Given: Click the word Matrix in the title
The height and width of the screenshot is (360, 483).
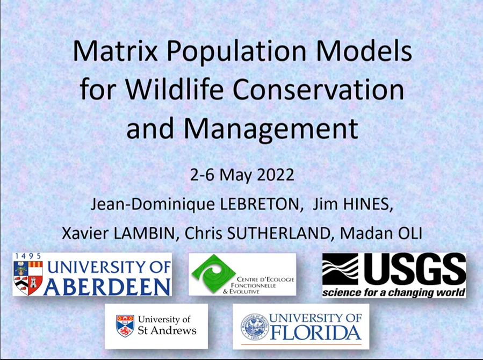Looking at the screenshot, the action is (115, 51).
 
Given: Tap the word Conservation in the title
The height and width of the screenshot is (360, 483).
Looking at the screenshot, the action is (318, 89).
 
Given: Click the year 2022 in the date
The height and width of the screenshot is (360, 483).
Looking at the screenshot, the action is (276, 175).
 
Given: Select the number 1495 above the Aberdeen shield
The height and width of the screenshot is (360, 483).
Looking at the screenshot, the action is (28, 256).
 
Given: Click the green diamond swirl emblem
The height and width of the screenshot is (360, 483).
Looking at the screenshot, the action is (213, 274).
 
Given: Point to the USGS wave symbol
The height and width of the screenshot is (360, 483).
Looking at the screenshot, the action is (340, 269).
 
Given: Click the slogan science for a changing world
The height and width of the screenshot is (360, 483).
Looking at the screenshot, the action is (394, 292).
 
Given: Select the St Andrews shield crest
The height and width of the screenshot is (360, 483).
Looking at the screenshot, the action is (125, 326).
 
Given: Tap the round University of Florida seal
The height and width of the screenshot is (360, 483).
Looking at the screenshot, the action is (255, 327).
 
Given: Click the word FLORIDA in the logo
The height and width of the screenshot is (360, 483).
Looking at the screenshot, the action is (316, 333).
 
